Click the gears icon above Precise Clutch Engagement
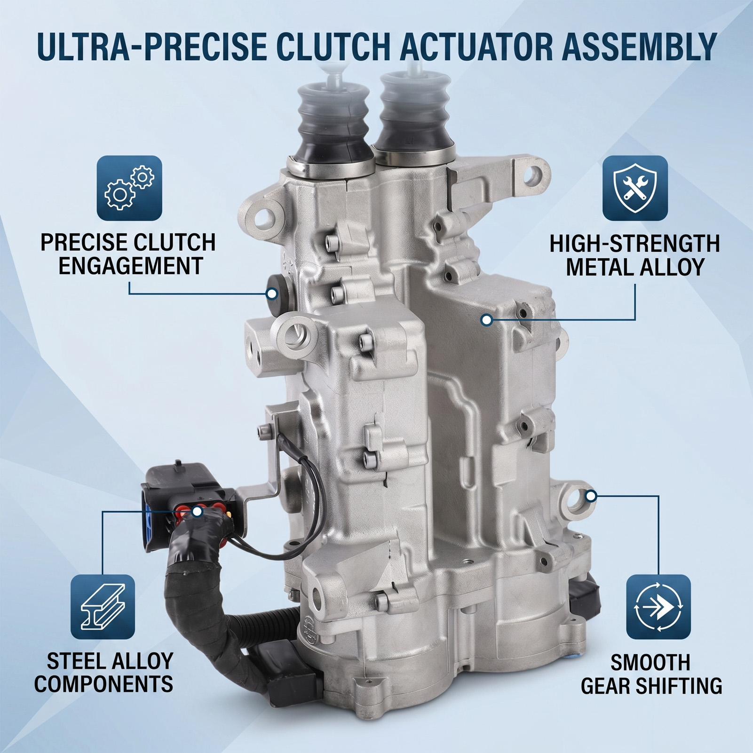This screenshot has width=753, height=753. pyautogui.click(x=129, y=188)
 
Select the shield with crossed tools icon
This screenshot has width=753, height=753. pyautogui.click(x=635, y=188)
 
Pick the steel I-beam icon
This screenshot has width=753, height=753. pyautogui.click(x=103, y=607)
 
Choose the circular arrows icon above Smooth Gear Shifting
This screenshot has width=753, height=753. pyautogui.click(x=658, y=607)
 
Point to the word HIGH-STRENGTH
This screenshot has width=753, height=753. pyautogui.click(x=635, y=244)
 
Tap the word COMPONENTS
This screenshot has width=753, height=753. pyautogui.click(x=103, y=684)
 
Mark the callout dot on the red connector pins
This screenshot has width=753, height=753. pyautogui.click(x=198, y=511)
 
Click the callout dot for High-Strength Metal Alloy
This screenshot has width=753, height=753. pyautogui.click(x=487, y=320)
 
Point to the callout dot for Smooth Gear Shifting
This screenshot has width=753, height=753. pyautogui.click(x=592, y=496)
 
